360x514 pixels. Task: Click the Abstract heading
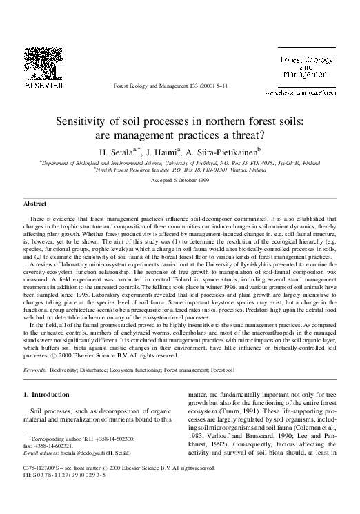coord(34,205)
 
